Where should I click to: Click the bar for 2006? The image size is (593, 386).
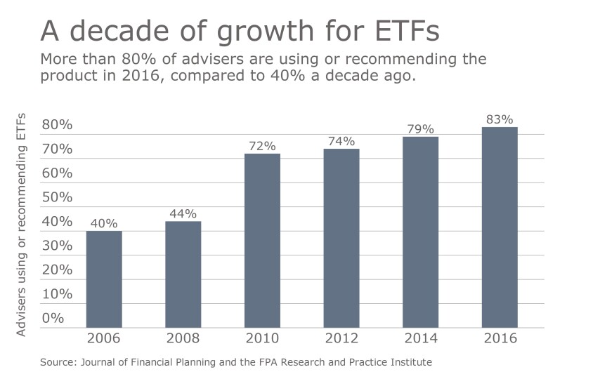(104, 279)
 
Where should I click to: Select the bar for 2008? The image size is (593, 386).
(183, 274)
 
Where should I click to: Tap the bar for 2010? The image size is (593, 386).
(262, 241)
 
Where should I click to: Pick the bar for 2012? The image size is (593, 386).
(341, 238)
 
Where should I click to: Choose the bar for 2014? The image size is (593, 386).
(421, 232)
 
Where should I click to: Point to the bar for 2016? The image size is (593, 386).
(500, 227)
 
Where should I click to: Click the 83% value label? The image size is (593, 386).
(500, 119)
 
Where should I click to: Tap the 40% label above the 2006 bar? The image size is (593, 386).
(104, 223)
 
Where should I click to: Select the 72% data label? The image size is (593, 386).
(262, 146)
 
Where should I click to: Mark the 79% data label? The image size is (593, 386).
(421, 129)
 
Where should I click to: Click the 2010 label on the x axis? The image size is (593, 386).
(262, 338)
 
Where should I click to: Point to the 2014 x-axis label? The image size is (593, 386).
(421, 338)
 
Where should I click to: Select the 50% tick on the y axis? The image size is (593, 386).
(57, 197)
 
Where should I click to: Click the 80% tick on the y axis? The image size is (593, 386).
(57, 125)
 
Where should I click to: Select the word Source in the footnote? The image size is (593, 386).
(58, 362)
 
